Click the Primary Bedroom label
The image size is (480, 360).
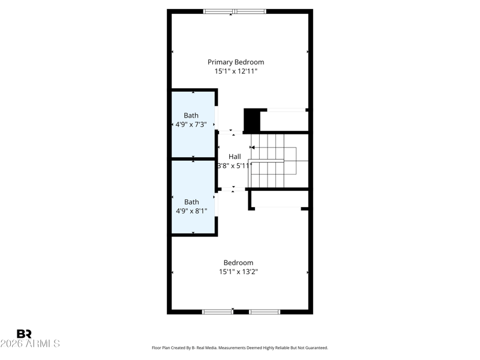[236, 62]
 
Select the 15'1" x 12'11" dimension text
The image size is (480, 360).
[236, 71]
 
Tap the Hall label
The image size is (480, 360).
[235, 157]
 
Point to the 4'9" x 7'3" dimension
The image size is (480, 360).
[191, 125]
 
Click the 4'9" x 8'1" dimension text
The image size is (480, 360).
[191, 211]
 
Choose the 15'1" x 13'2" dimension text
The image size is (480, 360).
[238, 272]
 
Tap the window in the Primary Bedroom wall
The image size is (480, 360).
[235, 11]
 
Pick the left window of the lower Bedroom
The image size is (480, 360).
[217, 312]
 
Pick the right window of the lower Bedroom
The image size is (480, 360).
[265, 312]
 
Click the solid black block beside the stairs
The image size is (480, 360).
[252, 120]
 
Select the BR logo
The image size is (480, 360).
[24, 334]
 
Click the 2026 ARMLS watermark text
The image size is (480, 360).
[30, 343]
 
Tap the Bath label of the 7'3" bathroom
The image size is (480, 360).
[191, 115]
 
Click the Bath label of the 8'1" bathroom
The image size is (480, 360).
[191, 202]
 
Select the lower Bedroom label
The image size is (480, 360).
[238, 263]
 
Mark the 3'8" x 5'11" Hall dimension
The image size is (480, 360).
[235, 166]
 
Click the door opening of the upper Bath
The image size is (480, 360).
[216, 118]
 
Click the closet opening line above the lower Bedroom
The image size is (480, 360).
[278, 208]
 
